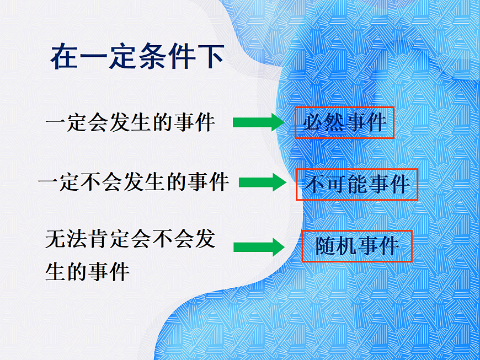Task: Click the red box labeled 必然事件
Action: pyautogui.click(x=344, y=122)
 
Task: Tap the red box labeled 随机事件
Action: pyautogui.click(x=357, y=246)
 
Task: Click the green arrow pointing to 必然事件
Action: pyautogui.click(x=258, y=122)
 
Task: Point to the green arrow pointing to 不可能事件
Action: pyautogui.click(x=263, y=182)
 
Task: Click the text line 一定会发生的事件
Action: pyautogui.click(x=130, y=122)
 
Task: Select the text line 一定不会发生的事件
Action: pyautogui.click(x=134, y=182)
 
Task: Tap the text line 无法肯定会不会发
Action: pyautogui.click(x=130, y=240)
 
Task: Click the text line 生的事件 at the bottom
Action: pyautogui.click(x=87, y=272)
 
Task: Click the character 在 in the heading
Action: pyautogui.click(x=65, y=57)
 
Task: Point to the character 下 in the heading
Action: pyautogui.click(x=211, y=57)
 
